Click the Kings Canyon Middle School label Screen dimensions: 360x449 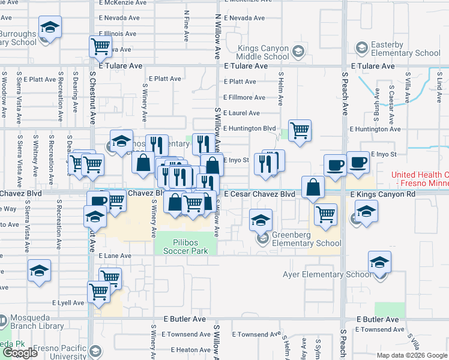pyautogui.click(x=263, y=52)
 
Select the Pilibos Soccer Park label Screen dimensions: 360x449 pyautogui.click(x=186, y=246)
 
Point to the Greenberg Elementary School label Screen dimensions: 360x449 pyautogui.click(x=306, y=239)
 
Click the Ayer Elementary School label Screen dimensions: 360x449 pyautogui.click(x=327, y=275)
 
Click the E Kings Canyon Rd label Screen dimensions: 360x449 pyautogui.click(x=382, y=194)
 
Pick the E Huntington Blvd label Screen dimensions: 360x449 pyautogui.click(x=249, y=128)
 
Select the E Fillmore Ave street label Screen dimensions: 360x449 pyautogui.click(x=244, y=97)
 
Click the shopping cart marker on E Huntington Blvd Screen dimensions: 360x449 pyautogui.click(x=299, y=130)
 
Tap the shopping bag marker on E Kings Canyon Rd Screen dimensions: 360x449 pyautogui.click(x=313, y=187)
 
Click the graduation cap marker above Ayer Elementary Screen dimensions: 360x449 pyautogui.click(x=379, y=262)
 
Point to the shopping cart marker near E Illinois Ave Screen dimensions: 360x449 pyautogui.click(x=101, y=46)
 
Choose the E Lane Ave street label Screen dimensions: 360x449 pyautogui.click(x=114, y=256)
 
